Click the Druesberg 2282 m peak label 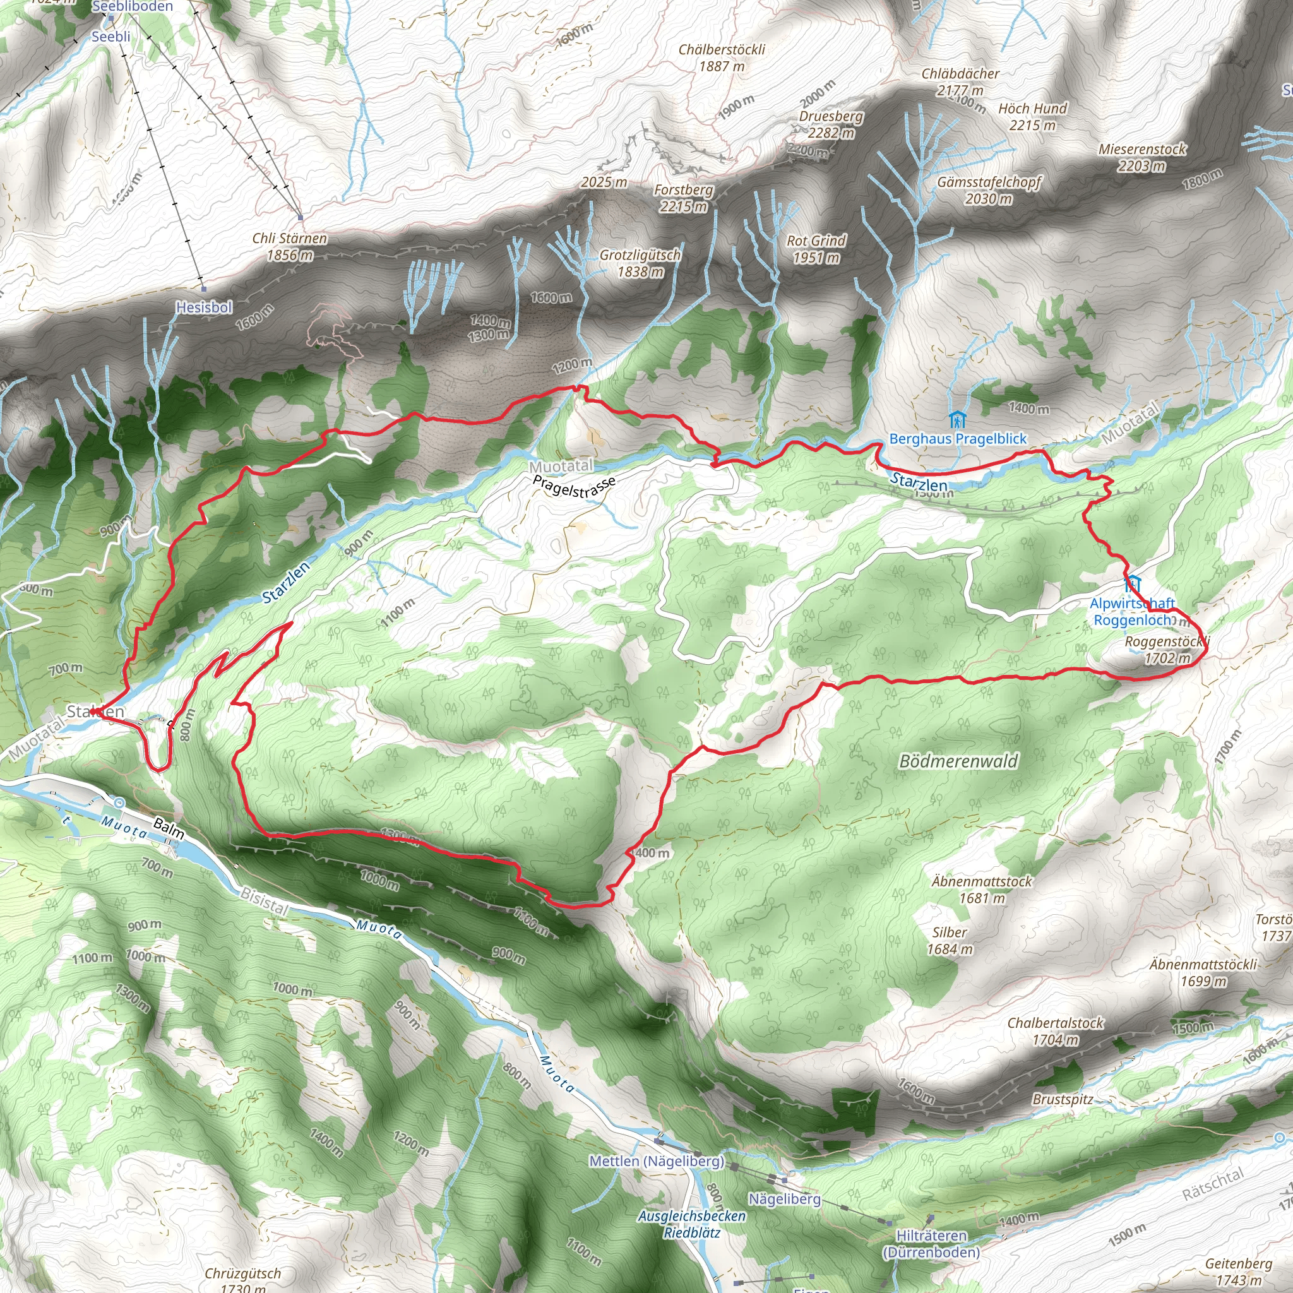point(831,124)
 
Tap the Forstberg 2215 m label point(683,198)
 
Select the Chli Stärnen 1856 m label point(290,246)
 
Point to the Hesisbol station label point(204,307)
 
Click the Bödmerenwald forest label point(958,761)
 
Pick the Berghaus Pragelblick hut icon point(957,420)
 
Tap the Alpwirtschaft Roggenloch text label point(1133,612)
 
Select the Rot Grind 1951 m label point(816,249)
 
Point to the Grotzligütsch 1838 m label point(640,263)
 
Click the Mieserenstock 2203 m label point(1141,157)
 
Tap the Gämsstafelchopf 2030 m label point(989,190)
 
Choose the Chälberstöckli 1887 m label point(722,57)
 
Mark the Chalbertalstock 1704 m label point(1056,1032)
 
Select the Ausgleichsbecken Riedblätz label point(691,1224)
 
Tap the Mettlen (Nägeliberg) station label point(656,1161)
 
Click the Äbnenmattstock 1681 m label point(982,890)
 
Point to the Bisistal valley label point(265,902)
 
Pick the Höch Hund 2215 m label point(1032,116)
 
